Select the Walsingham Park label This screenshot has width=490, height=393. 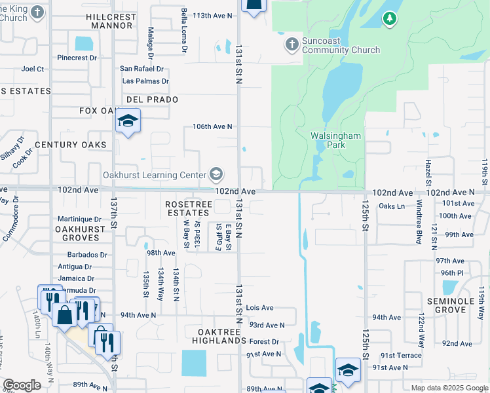(337, 140)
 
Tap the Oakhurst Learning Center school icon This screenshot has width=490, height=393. (216, 174)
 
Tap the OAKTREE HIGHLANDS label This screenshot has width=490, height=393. (219, 336)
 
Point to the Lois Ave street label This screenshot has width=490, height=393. (259, 307)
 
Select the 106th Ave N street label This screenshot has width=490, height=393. (213, 126)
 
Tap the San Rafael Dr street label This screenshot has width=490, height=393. (141, 69)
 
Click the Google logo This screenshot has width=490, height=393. (22, 385)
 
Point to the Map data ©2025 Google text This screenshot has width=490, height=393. (449, 388)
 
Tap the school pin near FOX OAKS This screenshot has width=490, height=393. (128, 122)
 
